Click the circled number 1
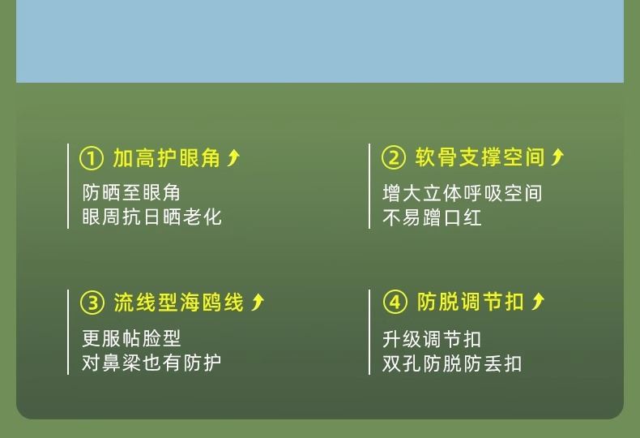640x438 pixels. point(92,158)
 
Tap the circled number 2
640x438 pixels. point(394,157)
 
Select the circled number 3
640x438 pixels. point(92,303)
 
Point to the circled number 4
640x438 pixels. point(395,303)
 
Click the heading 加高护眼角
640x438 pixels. point(167,158)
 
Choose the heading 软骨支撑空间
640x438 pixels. point(480,157)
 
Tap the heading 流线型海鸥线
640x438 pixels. point(179,303)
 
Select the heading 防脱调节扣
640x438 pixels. point(470,302)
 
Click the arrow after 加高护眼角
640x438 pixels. point(234,157)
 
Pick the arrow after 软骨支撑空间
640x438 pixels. point(557,157)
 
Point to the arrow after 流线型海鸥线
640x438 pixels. point(258,302)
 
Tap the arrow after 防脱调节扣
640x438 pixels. point(538,302)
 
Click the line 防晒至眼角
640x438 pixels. point(131,193)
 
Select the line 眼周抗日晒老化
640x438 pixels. point(151,217)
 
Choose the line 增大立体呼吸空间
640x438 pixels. point(462,193)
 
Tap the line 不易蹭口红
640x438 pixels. point(432,217)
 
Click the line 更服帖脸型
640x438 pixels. point(131,338)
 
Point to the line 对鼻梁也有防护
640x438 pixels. point(151,363)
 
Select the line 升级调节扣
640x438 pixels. point(432,339)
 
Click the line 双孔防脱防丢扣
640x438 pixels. point(452,363)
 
